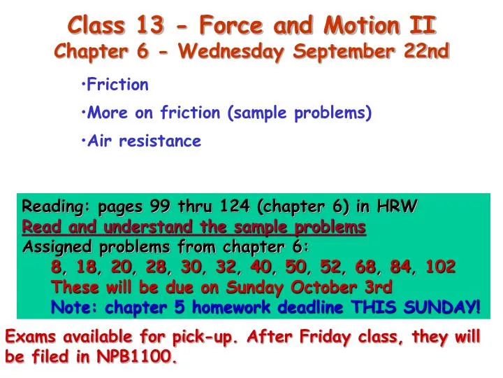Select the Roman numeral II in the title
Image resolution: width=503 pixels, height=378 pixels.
point(421,26)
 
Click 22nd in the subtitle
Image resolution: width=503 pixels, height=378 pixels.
point(427,51)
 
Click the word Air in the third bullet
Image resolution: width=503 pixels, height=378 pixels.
point(101,141)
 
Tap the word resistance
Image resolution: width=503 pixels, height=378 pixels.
point(160,141)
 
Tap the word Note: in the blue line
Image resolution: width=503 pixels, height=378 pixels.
point(75,307)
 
